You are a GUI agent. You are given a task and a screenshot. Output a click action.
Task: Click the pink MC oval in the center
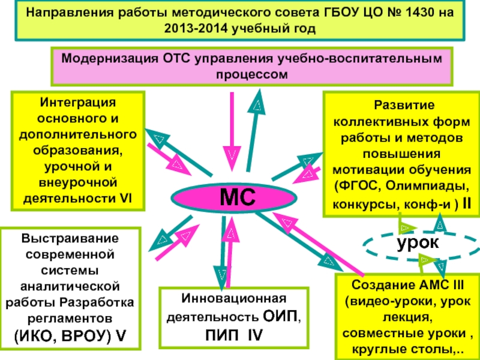click(234, 198)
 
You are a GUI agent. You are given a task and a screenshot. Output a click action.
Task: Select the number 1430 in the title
click(427, 13)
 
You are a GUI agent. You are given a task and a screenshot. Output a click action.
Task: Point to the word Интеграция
click(78, 103)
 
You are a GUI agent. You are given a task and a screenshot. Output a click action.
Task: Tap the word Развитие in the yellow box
click(404, 106)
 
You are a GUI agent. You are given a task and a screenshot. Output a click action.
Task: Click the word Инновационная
click(234, 298)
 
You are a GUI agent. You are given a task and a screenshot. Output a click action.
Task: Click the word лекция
click(407, 317)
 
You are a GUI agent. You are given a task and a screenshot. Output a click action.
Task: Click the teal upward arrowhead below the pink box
click(258, 102)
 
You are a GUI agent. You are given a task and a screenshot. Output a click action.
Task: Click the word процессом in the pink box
click(252, 75)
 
